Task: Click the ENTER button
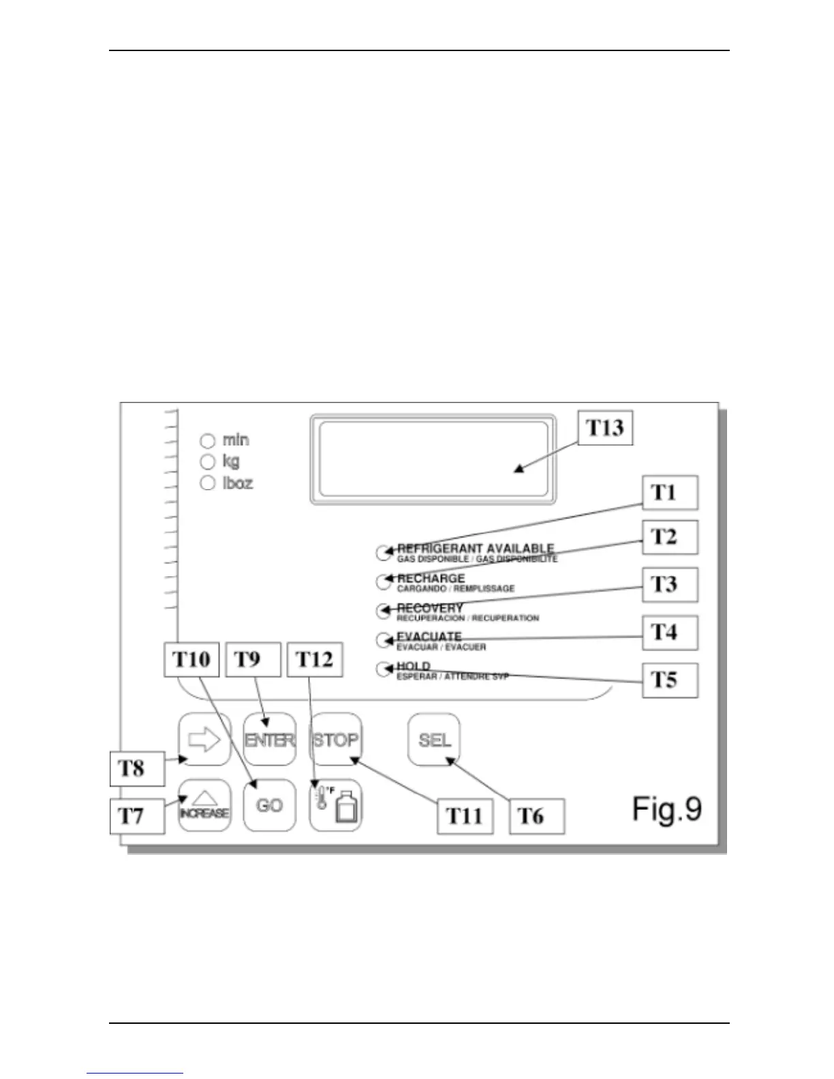[x=270, y=740]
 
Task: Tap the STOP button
[x=336, y=740]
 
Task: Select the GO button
[x=270, y=806]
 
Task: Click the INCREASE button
[x=204, y=806]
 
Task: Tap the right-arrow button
[x=204, y=740]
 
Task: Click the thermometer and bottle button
[x=336, y=806]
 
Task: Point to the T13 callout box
[x=605, y=428]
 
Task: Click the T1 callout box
[x=670, y=492]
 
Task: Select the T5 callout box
[x=670, y=680]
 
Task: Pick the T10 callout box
[x=191, y=659]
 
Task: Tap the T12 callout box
[x=315, y=659]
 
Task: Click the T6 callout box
[x=537, y=816]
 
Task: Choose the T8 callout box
[x=137, y=768]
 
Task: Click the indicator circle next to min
[x=208, y=441]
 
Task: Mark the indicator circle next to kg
[x=208, y=462]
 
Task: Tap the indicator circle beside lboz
[x=208, y=483]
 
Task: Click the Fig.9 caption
[x=667, y=809]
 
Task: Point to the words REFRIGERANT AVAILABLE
[x=476, y=548]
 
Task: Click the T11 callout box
[x=465, y=816]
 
